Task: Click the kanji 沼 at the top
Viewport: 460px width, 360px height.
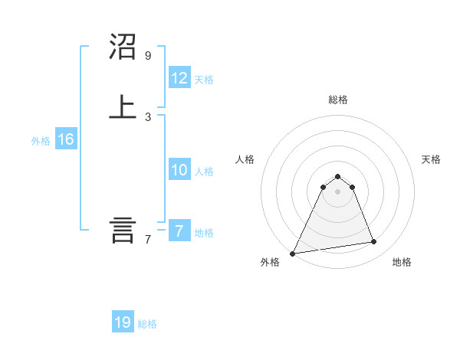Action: pos(123,47)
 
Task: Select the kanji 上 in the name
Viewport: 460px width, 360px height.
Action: pos(123,107)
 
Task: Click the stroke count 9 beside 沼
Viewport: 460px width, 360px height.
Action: pos(148,56)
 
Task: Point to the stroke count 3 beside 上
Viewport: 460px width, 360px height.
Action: pos(148,116)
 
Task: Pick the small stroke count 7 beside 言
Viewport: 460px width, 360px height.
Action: pos(148,240)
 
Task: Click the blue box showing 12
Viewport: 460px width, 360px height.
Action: pos(179,78)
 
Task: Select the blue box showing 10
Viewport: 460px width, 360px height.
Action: pos(179,170)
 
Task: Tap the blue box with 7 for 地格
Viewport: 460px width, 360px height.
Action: pos(179,231)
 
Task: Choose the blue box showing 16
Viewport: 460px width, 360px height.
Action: pos(65,139)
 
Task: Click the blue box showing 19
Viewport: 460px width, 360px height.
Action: pos(123,322)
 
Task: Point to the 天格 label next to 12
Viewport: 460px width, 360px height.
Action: pos(204,80)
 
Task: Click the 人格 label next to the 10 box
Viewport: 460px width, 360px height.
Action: pos(204,172)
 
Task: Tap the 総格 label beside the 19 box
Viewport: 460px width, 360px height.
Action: pos(147,324)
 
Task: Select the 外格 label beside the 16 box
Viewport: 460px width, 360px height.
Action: pos(41,141)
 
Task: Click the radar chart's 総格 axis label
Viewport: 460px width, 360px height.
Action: pos(337,100)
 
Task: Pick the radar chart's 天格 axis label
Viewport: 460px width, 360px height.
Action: pos(431,159)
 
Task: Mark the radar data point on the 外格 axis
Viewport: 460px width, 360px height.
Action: pos(293,254)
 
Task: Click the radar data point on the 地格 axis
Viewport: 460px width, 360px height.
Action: pos(374,242)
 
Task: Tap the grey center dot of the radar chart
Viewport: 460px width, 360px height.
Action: pos(337,191)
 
